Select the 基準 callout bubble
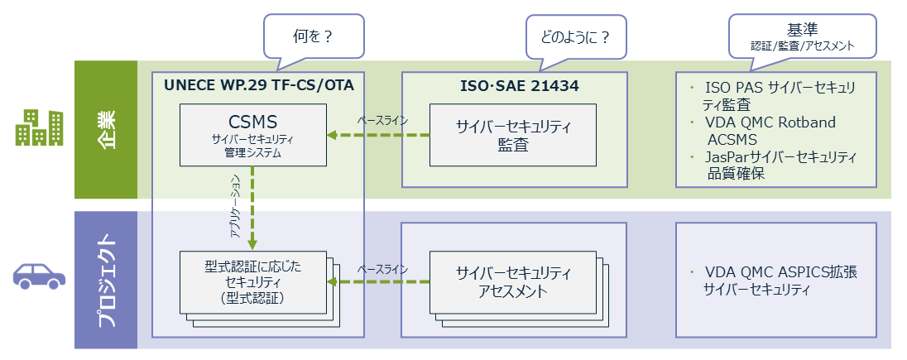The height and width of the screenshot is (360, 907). (x=802, y=36)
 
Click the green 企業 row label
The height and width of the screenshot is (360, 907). (x=106, y=130)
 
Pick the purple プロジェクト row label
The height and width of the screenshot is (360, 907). (x=106, y=280)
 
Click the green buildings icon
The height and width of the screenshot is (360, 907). (x=41, y=129)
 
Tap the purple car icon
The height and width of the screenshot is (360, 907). (x=40, y=276)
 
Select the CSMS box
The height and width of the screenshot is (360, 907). (x=253, y=133)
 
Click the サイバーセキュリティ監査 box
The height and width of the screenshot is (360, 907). (x=513, y=135)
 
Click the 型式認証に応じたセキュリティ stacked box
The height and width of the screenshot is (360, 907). (x=253, y=283)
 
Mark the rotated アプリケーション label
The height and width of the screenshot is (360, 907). (x=236, y=206)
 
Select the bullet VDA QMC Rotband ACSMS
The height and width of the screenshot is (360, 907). (x=770, y=130)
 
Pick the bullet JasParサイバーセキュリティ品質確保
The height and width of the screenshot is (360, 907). (x=777, y=165)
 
